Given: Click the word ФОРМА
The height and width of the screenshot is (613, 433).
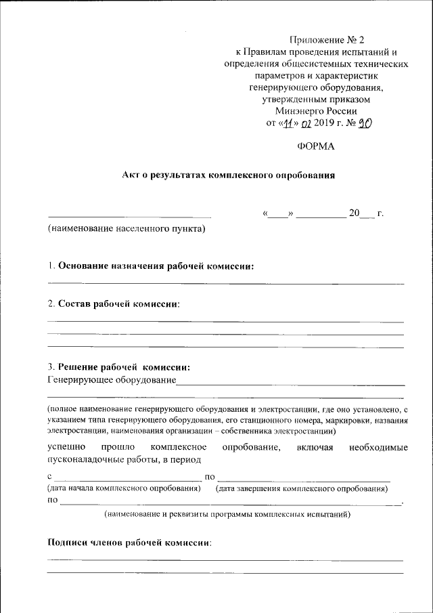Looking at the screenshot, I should pos(315,146).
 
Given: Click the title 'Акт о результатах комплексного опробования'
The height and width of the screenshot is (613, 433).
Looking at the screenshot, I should pos(229,175).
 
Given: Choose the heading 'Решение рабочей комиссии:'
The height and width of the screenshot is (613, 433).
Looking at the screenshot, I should pos(124,367).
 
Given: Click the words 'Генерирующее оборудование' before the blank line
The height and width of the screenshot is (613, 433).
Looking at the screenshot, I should pos(111,380).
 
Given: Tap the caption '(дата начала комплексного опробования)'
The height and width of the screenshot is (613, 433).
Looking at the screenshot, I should pos(124,488).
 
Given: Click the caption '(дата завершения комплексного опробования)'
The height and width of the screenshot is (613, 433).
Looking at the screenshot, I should pos(302,488).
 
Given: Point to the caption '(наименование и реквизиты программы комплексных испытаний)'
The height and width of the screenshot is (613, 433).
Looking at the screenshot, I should pos(227,515).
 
